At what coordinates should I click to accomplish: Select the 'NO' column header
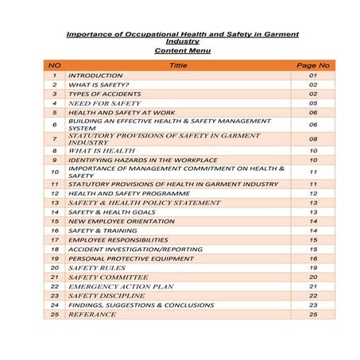[x=54, y=65]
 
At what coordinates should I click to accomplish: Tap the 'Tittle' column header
[x=179, y=65]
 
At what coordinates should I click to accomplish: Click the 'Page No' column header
[x=312, y=65]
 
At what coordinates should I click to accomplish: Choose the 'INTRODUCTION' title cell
[x=95, y=75]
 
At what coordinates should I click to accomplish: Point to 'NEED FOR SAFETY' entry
[x=104, y=103]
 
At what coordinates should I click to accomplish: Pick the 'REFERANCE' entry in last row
[x=92, y=314]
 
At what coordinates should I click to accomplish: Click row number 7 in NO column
[x=54, y=138]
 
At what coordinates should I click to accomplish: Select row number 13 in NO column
[x=54, y=203]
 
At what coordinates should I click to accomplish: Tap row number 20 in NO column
[x=54, y=268]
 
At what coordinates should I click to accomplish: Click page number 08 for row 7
[x=312, y=138]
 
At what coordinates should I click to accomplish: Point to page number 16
[x=312, y=259]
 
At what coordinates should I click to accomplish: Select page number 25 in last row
[x=312, y=314]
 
